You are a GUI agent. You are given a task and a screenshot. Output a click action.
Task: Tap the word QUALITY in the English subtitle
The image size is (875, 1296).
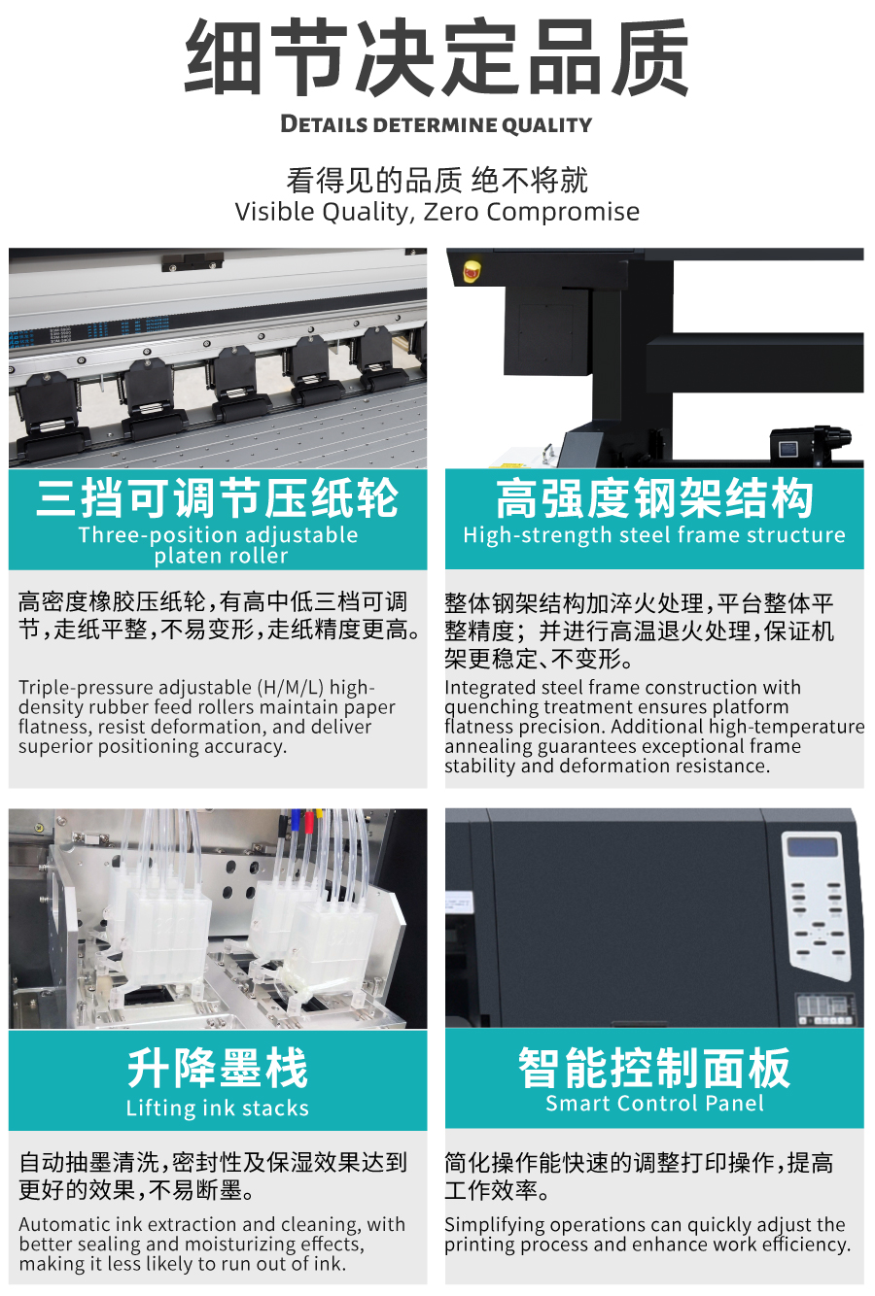point(546,125)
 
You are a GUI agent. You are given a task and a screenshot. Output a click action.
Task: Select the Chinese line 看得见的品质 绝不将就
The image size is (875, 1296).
point(437,180)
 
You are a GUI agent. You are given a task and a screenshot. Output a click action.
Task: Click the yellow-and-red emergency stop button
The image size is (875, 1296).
point(472,270)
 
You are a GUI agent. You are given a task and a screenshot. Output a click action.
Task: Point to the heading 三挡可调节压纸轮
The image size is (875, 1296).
point(217,498)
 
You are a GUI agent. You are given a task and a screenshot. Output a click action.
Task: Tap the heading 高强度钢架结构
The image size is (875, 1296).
point(654,498)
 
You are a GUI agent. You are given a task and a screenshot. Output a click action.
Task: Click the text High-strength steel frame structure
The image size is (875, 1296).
point(654,535)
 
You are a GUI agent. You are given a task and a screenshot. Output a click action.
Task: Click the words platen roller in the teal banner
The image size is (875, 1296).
point(221,556)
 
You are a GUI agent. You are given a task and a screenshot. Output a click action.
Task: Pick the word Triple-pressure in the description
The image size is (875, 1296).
point(86,688)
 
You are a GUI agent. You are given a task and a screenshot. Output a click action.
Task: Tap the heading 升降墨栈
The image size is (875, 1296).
point(217,1068)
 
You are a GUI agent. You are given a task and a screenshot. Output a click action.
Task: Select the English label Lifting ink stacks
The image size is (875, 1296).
point(217,1108)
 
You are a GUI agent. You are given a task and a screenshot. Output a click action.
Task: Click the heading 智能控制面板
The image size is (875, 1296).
point(654,1068)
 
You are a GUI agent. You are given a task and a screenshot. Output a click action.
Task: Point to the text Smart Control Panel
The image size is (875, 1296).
point(654,1104)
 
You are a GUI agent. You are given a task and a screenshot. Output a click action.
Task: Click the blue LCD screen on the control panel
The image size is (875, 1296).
point(813,848)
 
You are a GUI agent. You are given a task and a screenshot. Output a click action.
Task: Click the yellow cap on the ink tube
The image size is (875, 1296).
point(319,815)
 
